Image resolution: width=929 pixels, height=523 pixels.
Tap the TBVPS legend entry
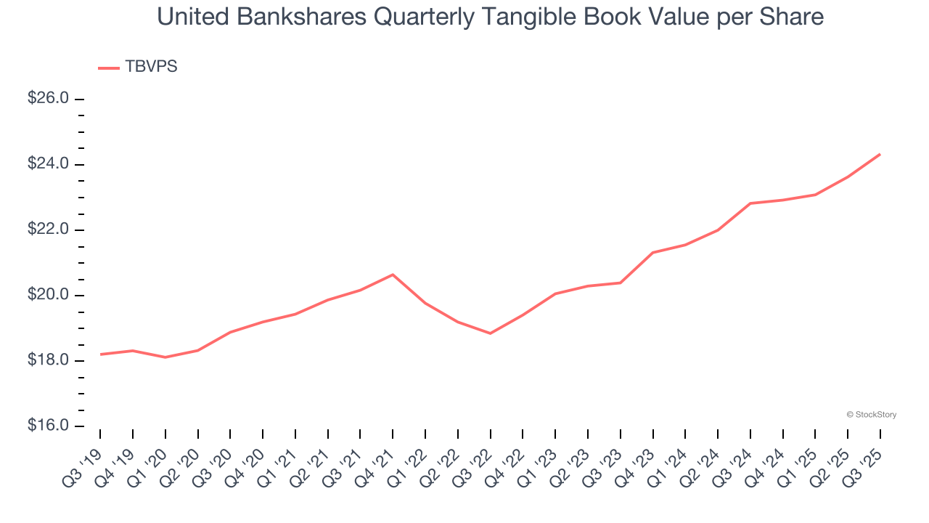coord(151,67)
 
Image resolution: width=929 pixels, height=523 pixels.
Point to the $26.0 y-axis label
coord(48,98)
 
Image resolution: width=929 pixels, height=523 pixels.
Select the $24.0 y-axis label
coord(48,164)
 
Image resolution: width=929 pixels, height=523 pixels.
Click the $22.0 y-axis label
coord(48,230)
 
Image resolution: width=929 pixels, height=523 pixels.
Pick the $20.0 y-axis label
coord(48,295)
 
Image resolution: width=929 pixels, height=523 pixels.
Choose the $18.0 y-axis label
coord(48,361)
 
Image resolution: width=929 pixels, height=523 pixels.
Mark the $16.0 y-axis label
coord(48,426)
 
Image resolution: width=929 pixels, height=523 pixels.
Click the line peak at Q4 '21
coord(393,275)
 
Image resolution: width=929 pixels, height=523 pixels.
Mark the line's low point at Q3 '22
coord(491,333)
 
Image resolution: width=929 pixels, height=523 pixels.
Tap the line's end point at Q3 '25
coord(880,154)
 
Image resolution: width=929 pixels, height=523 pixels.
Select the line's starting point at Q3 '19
coord(100,354)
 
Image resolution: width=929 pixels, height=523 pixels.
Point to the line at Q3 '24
coord(750,203)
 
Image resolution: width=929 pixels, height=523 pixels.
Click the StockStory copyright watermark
coord(871,415)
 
